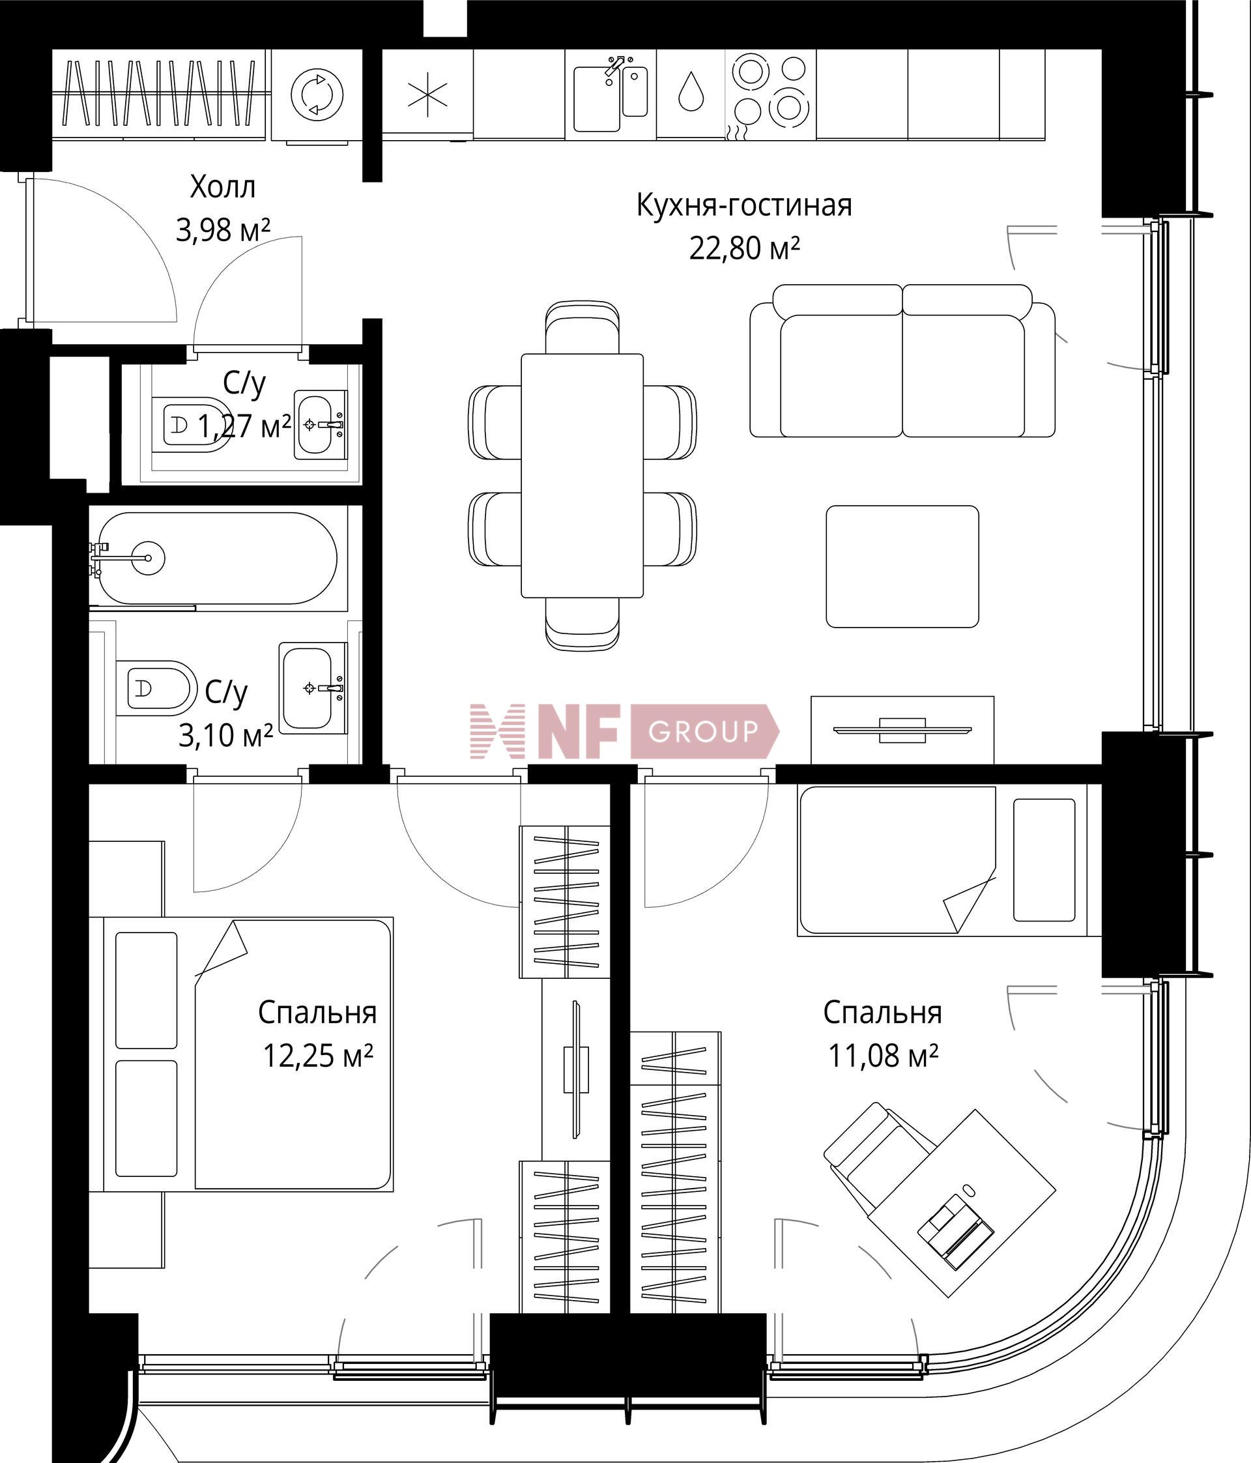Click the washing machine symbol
pyautogui.click(x=317, y=94)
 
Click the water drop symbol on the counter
pyautogui.click(x=691, y=92)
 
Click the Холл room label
pyautogui.click(x=223, y=187)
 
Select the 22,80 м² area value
pyautogui.click(x=744, y=248)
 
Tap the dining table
pyautogui.click(x=582, y=475)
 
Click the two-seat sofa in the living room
pyautogui.click(x=902, y=361)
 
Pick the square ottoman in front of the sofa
pyautogui.click(x=902, y=566)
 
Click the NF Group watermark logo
pyautogui.click(x=625, y=731)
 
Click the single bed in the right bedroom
pyautogui.click(x=949, y=861)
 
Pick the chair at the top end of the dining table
pyautogui.click(x=582, y=327)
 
